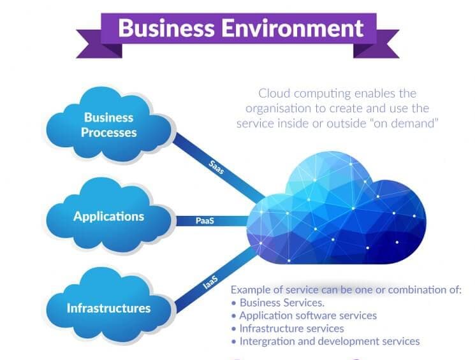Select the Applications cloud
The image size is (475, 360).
109,217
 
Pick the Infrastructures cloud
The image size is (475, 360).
109,308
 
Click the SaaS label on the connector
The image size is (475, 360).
217,168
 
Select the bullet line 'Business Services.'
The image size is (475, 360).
282,302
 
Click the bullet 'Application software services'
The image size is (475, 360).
308,315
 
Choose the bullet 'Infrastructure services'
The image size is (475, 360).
291,328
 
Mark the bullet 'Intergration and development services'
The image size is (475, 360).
329,342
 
